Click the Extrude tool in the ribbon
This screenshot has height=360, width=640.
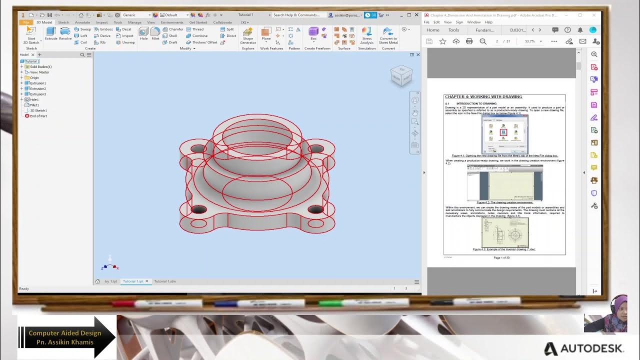pyautogui.click(x=51, y=33)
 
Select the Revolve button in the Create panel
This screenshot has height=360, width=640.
pyautogui.click(x=65, y=33)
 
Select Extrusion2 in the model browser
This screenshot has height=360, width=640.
pyautogui.click(x=37, y=88)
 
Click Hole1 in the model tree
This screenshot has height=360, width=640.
pyautogui.click(x=34, y=99)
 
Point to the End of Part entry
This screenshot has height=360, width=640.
pyautogui.click(x=38, y=116)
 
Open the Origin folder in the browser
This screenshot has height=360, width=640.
pyautogui.click(x=34, y=77)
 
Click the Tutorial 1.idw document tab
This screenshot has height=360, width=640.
pyautogui.click(x=164, y=281)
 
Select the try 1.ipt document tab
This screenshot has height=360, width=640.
pyautogui.click(x=110, y=281)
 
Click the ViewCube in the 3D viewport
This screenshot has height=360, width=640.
pyautogui.click(x=401, y=76)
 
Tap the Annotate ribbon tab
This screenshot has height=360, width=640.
pyautogui.click(x=82, y=22)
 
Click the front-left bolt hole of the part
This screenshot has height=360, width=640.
pyautogui.click(x=198, y=209)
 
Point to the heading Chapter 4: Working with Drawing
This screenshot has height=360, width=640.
pyautogui.click(x=483, y=97)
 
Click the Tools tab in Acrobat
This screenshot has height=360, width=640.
pyautogui.click(x=453, y=30)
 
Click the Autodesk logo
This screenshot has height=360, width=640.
pyautogui.click(x=583, y=348)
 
